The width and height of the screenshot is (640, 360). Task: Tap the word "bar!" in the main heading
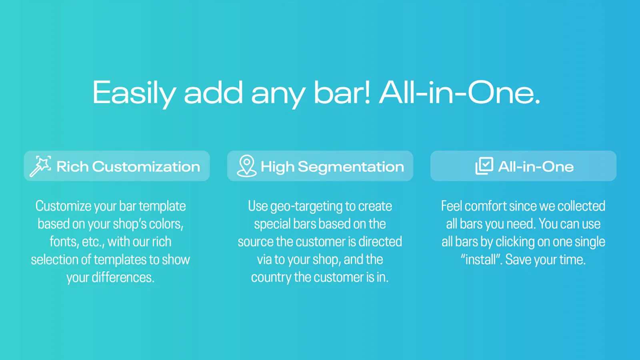tap(342, 92)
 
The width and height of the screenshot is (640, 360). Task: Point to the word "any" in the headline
tap(278, 96)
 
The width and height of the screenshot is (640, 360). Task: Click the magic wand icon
tap(40, 166)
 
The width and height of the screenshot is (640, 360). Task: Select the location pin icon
tap(246, 166)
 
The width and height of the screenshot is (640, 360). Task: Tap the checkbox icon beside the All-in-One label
tap(484, 166)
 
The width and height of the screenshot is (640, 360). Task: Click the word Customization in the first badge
tap(146, 166)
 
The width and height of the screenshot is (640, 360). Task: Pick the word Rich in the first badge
tap(72, 166)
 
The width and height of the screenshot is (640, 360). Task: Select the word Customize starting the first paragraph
tap(63, 206)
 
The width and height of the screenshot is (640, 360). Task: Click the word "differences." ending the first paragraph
tap(123, 278)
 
